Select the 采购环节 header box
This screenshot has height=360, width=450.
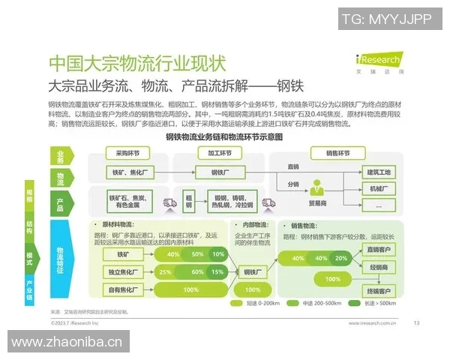pos(127,153)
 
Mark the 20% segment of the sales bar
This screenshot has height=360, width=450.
pos(341,258)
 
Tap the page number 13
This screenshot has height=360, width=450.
pos(416,323)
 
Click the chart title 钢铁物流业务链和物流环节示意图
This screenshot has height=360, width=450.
pos(224,136)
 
